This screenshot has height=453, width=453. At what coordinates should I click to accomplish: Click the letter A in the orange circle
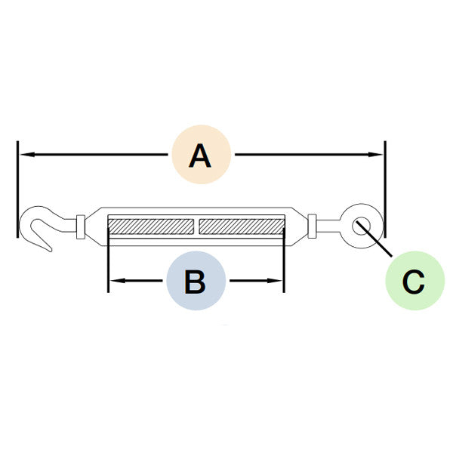click(200, 156)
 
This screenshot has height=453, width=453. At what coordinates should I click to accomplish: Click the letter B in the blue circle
click(196, 282)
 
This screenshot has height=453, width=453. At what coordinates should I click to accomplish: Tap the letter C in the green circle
click(414, 282)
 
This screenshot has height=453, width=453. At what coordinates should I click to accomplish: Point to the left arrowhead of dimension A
click(27, 155)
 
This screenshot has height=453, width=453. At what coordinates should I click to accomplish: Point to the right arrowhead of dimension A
click(374, 155)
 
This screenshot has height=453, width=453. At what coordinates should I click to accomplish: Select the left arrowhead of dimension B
click(118, 281)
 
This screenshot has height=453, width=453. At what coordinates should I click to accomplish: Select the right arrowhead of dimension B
click(274, 281)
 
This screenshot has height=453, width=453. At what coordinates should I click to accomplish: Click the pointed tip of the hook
click(51, 251)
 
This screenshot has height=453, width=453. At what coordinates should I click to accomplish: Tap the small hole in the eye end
click(360, 226)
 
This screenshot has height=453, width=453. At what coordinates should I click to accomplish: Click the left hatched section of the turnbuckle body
click(151, 226)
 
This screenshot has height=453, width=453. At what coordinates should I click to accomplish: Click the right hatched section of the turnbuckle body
click(242, 226)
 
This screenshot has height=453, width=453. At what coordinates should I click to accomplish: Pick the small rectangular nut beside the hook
click(81, 226)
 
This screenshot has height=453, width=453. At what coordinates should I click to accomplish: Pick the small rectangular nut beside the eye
click(312, 226)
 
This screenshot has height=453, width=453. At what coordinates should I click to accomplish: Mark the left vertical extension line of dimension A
click(17, 190)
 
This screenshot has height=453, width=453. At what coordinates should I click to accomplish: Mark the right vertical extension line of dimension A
click(385, 190)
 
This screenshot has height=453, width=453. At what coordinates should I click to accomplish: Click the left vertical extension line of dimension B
click(108, 260)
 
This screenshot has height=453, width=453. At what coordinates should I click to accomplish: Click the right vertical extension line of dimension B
click(284, 260)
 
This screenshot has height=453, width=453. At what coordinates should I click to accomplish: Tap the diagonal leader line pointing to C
click(374, 239)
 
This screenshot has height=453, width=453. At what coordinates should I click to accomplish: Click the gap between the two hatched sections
click(196, 226)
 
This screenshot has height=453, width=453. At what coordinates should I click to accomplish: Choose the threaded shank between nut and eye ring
click(328, 226)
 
